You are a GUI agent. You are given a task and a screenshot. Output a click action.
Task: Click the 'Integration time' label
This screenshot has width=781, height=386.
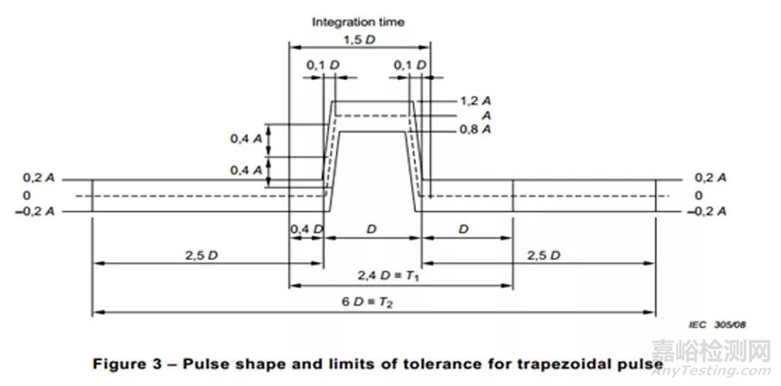[x=358, y=21]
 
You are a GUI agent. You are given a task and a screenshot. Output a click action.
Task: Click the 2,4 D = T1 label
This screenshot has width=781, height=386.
[x=388, y=274]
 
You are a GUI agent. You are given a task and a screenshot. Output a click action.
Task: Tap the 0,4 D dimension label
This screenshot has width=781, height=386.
[x=307, y=229]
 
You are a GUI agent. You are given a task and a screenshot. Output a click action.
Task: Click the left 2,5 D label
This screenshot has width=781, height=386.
[x=201, y=255]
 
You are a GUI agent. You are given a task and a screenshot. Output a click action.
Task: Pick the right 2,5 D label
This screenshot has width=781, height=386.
[x=544, y=255]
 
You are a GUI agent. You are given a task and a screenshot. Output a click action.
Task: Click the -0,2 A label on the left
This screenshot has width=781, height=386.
[x=37, y=211]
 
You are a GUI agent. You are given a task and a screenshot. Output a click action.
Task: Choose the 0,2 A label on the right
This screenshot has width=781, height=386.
[x=710, y=179]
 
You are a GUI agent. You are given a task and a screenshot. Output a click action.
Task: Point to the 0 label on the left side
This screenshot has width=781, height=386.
[x=27, y=195]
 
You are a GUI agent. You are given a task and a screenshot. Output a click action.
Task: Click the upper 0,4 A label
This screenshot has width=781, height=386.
[x=245, y=139]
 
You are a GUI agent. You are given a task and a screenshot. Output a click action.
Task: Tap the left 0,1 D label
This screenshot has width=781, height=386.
[x=323, y=65]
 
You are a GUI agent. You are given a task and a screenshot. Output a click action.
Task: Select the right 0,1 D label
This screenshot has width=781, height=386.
[x=410, y=65]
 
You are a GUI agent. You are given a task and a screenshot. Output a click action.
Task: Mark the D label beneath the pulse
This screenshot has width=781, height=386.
[x=372, y=230]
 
